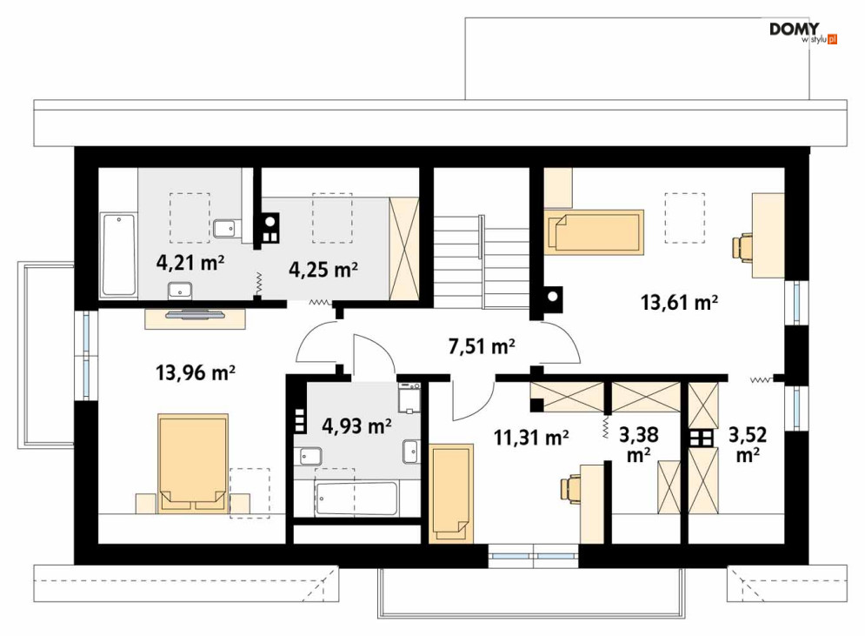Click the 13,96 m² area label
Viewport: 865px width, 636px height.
click(x=196, y=372)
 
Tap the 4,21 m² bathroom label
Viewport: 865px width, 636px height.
click(x=190, y=262)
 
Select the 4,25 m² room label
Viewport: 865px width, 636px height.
click(x=323, y=270)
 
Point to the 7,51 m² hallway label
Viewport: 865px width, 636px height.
click(x=482, y=346)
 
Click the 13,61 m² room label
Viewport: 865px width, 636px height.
click(x=679, y=303)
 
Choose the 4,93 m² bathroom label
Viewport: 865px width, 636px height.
click(x=357, y=425)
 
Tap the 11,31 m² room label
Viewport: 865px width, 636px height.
click(x=531, y=438)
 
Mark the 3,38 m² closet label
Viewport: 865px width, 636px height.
click(x=638, y=444)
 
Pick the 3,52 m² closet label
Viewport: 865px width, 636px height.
click(x=748, y=444)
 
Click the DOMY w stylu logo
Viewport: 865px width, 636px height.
click(x=803, y=33)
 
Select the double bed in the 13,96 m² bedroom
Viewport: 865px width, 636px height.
click(x=192, y=464)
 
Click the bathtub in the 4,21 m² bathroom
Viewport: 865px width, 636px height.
click(x=118, y=255)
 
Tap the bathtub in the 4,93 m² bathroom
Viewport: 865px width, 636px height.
click(x=356, y=499)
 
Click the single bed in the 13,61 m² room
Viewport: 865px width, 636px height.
click(x=594, y=232)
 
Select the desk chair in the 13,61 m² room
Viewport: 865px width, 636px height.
click(x=742, y=246)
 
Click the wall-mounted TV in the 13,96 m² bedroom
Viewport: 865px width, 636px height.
click(x=196, y=315)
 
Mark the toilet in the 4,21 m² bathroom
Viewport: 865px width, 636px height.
click(x=225, y=229)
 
